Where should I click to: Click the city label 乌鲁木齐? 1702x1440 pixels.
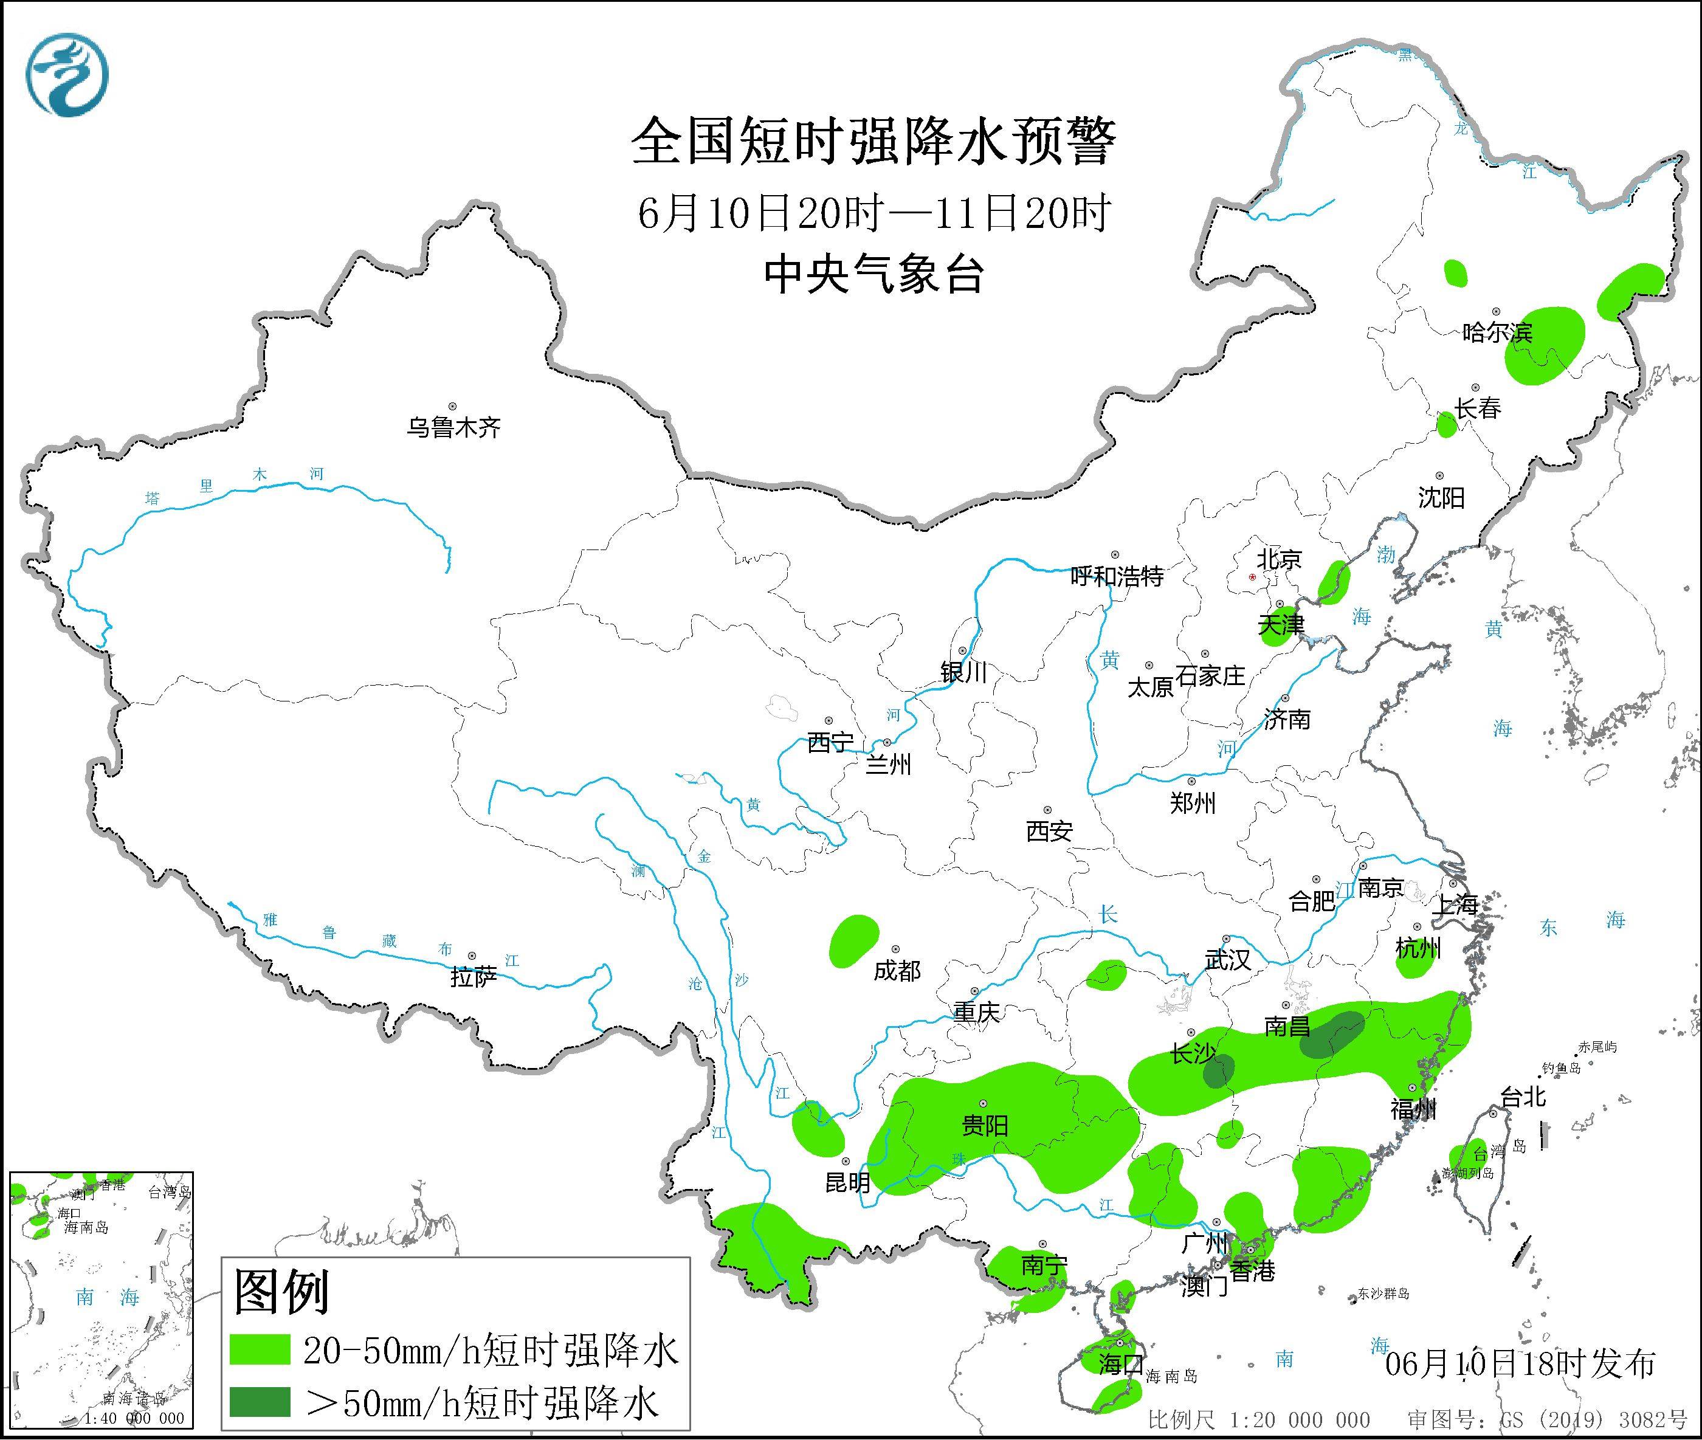coord(454,428)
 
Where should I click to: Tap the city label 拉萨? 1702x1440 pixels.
coord(474,977)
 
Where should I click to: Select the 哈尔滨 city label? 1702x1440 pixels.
coord(1497,332)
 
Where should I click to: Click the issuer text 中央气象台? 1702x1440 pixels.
coord(874,274)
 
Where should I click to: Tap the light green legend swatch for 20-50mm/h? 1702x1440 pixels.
coord(260,1349)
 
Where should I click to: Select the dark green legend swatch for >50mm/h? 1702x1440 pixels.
coord(260,1402)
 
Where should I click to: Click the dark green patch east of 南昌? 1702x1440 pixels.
coord(1331,1035)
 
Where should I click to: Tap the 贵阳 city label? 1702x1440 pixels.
coord(985,1126)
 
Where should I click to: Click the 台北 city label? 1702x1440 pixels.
coord(1523,1097)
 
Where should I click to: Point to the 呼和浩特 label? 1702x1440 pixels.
coord(1116,577)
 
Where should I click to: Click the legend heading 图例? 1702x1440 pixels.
coord(281,1292)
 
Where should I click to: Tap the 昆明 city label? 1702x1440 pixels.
coord(847,1182)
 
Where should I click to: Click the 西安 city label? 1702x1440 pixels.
coord(1049,832)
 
